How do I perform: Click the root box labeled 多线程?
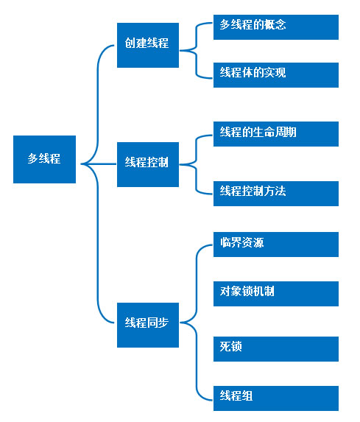pos(44,159)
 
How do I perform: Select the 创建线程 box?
pos(148,45)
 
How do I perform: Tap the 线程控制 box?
pos(148,164)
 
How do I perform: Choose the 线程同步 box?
pos(148,325)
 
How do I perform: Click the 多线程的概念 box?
pos(276,27)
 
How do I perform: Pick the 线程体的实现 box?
pos(276,75)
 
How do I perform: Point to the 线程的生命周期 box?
pos(276,134)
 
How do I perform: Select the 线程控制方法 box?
pos(276,194)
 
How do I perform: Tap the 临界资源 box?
pos(276,245)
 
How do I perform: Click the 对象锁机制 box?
pos(276,294)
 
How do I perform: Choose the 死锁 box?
pos(276,349)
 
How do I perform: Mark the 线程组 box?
pos(276,398)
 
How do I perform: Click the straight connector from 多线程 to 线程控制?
pos(99,164)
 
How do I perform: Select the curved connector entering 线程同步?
pos(97,242)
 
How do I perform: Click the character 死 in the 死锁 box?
pos(225,346)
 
